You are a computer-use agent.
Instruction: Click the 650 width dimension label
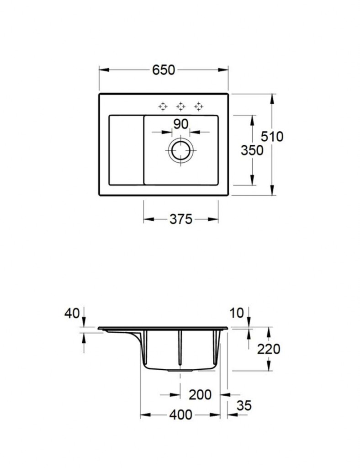click(164, 70)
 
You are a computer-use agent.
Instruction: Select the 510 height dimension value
click(272, 137)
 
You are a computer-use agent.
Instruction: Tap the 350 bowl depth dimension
click(252, 150)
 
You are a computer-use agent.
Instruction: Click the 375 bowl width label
click(181, 219)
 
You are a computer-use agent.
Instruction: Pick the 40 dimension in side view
click(72, 313)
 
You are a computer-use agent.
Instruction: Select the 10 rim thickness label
click(237, 313)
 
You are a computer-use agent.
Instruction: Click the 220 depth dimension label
click(269, 349)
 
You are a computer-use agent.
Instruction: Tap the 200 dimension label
click(200, 395)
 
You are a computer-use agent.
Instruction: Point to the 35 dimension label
click(244, 406)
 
